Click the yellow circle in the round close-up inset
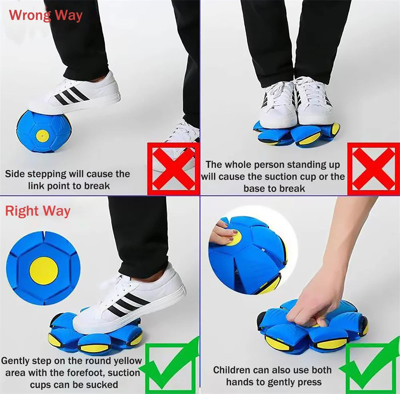[x=43, y=270]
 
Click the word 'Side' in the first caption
[x=15, y=174]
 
